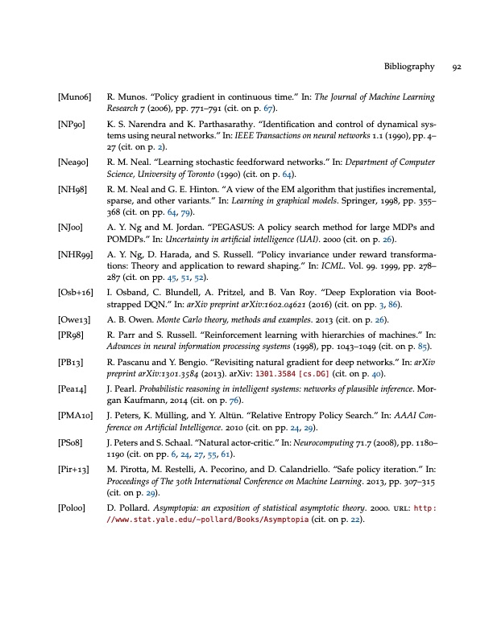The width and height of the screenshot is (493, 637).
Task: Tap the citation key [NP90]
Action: pos(71,125)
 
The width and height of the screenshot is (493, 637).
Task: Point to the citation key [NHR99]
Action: pos(76,254)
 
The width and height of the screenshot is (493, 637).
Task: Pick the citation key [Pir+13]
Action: pos(75,444)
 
